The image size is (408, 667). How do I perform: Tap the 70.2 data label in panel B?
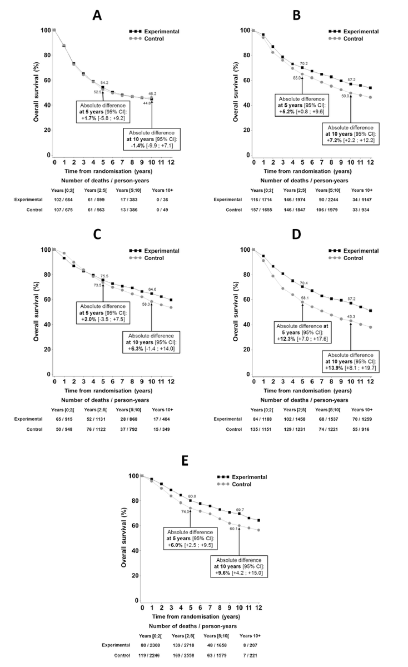point(303,64)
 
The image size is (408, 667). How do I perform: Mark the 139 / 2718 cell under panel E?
point(185,645)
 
